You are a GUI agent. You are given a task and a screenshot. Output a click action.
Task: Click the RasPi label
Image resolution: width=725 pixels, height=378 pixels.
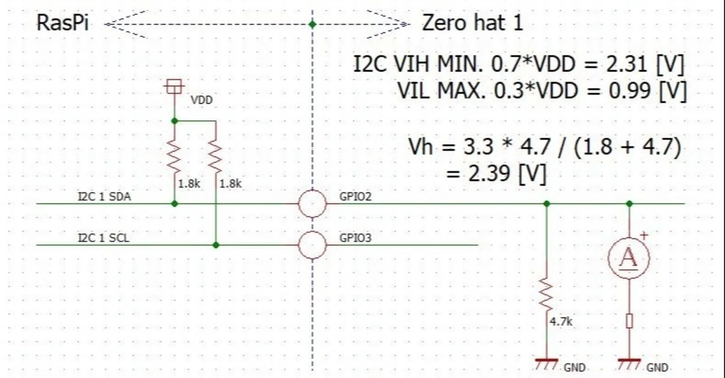[x=62, y=23]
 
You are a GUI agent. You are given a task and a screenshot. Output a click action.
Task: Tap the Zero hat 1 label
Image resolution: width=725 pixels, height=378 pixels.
[x=472, y=23]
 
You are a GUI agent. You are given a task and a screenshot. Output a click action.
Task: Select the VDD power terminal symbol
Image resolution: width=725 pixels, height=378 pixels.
[x=174, y=87]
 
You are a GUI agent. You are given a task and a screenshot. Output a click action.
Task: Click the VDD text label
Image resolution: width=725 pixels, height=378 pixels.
[x=201, y=100]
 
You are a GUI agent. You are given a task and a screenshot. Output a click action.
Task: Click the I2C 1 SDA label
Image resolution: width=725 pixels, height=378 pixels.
[x=105, y=197]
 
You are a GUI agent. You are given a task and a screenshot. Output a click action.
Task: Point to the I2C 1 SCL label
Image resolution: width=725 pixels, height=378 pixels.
[x=104, y=238]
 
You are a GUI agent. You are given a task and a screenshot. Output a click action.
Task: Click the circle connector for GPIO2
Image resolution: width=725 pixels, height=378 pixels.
[x=312, y=204]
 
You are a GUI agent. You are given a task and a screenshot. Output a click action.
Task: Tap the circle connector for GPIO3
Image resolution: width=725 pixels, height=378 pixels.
[x=312, y=245]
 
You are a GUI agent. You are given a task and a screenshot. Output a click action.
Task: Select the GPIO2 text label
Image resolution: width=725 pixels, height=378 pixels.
[x=355, y=197]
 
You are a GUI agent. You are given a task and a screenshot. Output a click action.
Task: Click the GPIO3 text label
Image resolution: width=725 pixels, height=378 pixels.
[x=355, y=238]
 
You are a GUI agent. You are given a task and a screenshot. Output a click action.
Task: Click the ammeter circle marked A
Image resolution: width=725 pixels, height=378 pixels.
[x=629, y=258]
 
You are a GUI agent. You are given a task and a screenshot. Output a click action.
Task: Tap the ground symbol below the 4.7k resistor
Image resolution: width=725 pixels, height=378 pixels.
[x=547, y=364]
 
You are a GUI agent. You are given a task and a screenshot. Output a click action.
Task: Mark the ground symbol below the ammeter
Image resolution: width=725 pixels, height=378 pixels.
[x=629, y=364]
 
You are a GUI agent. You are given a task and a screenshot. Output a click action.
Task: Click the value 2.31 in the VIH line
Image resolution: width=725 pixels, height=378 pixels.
[x=626, y=64]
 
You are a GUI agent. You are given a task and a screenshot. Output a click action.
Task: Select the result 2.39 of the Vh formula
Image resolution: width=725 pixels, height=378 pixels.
[x=489, y=173]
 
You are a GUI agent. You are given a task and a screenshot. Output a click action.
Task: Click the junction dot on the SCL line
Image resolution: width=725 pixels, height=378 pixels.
[x=216, y=245]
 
